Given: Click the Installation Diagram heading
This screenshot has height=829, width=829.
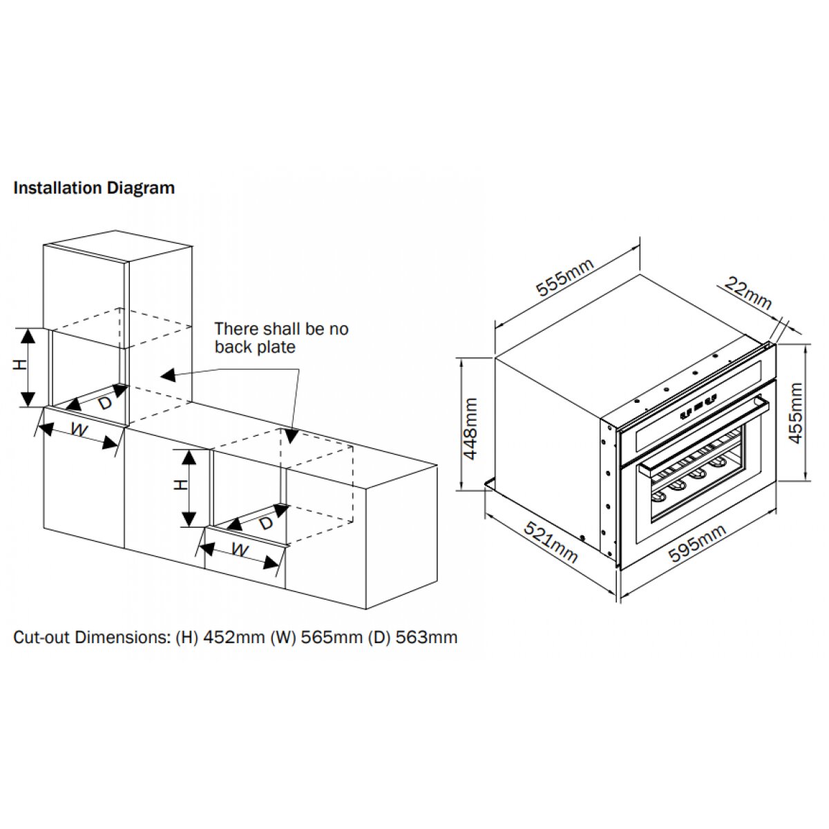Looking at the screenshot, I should click(94, 188).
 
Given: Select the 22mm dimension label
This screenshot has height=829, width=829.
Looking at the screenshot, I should click(749, 294).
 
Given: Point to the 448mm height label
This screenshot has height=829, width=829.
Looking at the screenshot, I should click(470, 428).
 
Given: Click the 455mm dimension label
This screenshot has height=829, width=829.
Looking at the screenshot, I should click(796, 413).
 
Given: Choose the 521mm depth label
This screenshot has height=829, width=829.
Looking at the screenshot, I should click(550, 542).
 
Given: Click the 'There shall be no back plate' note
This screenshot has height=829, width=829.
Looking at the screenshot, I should click(281, 338).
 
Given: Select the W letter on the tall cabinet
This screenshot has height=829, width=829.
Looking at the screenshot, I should click(79, 431).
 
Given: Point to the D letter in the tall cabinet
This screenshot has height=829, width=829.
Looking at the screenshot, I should click(104, 403).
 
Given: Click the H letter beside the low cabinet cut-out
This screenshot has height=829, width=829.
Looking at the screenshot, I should click(180, 485).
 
